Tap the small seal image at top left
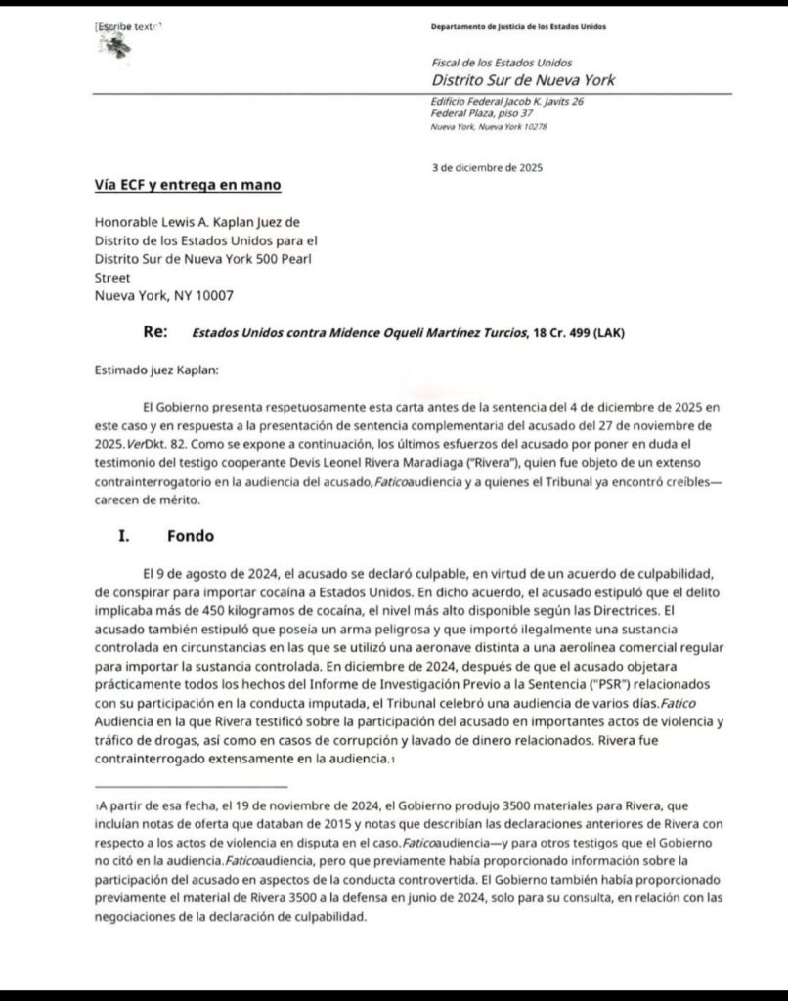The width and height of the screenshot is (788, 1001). click(117, 54)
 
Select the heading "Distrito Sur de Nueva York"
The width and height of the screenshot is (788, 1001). click(523, 80)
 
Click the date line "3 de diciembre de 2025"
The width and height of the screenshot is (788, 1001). click(489, 167)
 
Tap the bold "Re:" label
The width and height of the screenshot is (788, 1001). click(153, 332)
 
